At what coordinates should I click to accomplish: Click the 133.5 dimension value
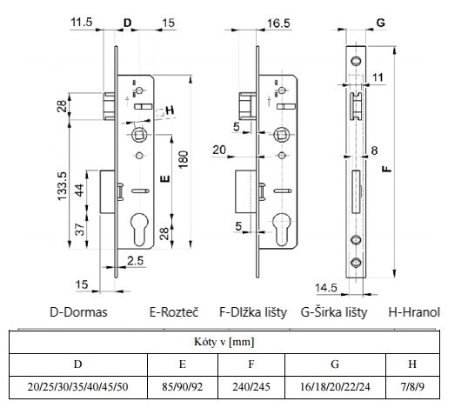tap(63, 186)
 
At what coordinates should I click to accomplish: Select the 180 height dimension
tap(184, 160)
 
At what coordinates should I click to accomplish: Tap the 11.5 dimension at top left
tap(82, 22)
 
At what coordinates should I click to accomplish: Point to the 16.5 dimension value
tap(278, 23)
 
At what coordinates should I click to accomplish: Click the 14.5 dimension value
tap(326, 288)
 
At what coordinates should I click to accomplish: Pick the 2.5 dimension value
tap(136, 261)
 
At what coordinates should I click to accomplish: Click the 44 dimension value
tap(79, 191)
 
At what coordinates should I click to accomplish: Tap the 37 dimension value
tap(80, 230)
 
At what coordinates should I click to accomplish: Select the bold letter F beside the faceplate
tap(387, 169)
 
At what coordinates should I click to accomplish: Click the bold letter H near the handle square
tap(170, 110)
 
